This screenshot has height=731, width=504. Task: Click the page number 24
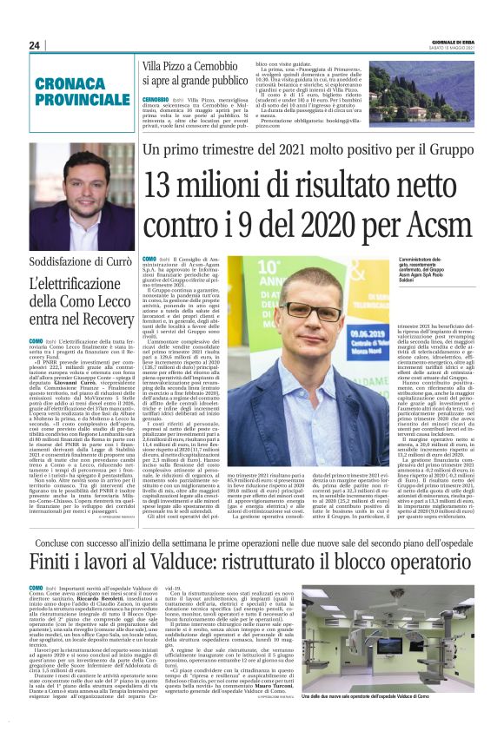point(35,45)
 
